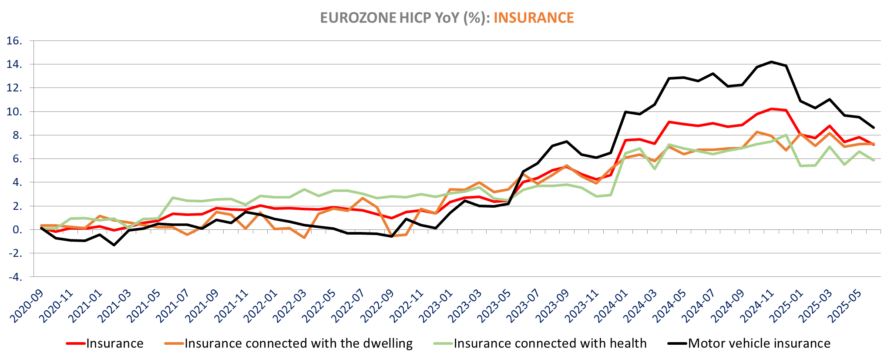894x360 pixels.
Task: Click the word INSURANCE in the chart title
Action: pos(534,18)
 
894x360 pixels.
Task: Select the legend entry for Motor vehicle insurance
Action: pos(759,343)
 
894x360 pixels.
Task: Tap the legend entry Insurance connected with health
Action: pos(550,343)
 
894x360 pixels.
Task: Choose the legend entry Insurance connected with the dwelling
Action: pos(299,343)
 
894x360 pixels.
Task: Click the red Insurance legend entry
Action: pos(114,343)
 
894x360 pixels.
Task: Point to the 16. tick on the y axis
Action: pos(15,41)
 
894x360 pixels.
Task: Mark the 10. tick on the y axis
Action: pos(15,112)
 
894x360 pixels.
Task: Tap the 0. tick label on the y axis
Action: pos(17,229)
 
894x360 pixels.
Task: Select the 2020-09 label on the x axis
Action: pos(27,306)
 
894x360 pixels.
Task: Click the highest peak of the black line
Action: pos(772,62)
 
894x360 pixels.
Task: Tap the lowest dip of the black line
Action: pos(114,245)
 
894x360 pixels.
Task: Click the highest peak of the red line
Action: pos(772,109)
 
